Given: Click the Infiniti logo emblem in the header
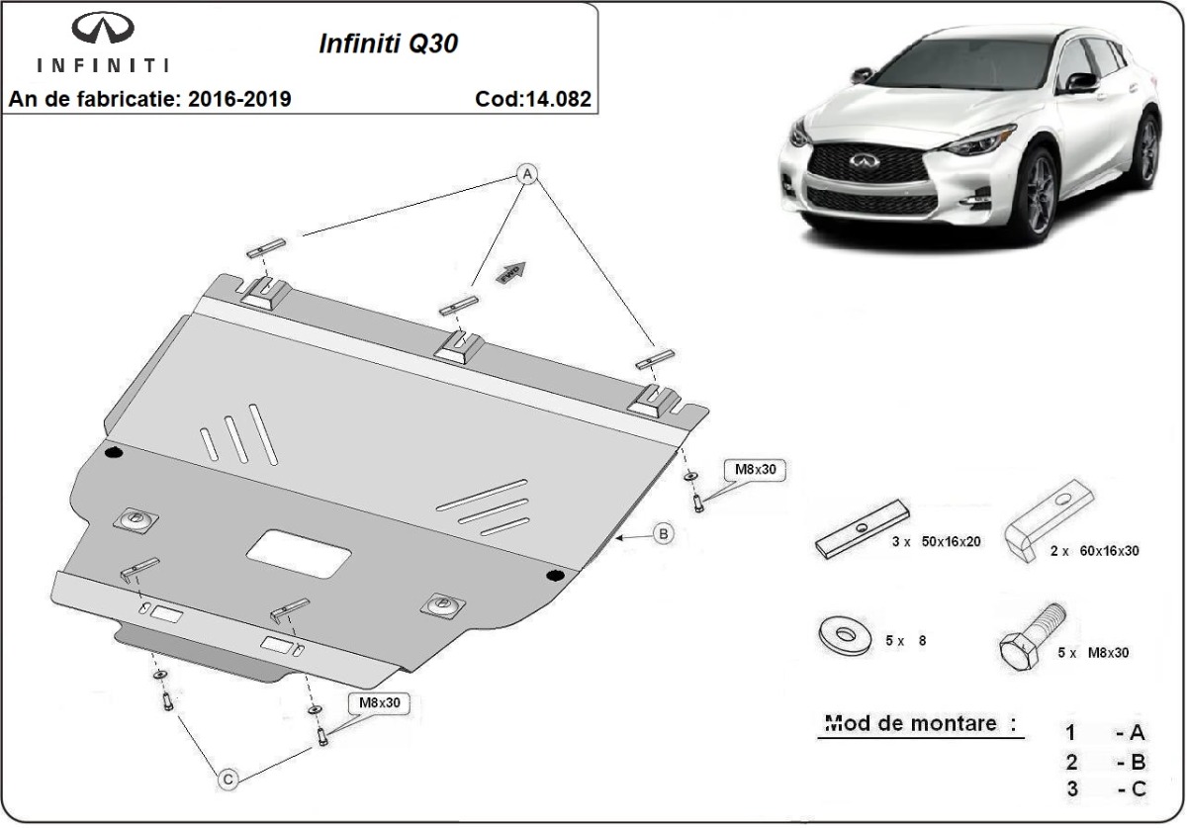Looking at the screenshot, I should click(x=102, y=31).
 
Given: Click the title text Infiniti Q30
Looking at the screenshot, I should click(x=387, y=44).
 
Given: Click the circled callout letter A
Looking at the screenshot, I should click(x=528, y=174).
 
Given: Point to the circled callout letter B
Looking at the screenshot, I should click(x=664, y=534).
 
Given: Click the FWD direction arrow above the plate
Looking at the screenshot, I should click(x=512, y=272).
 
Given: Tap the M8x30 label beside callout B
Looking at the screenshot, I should click(x=756, y=470).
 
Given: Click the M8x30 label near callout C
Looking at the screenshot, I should click(x=380, y=703).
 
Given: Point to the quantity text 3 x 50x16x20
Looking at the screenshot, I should click(x=935, y=543).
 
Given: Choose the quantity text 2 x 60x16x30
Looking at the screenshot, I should click(x=1094, y=550).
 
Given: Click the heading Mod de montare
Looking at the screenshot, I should click(x=919, y=723).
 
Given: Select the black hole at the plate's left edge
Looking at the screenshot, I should click(x=113, y=453).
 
